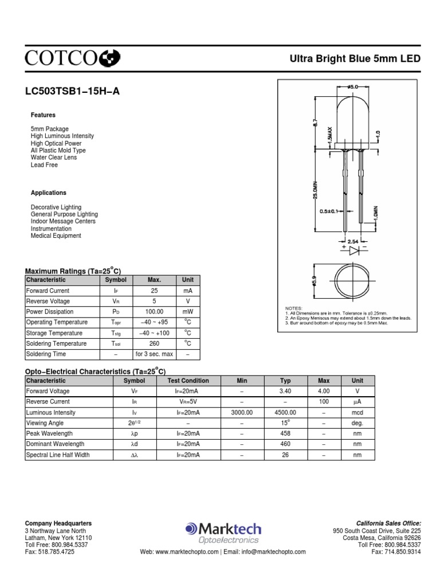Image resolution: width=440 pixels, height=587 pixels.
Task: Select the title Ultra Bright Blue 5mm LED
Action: pyautogui.click(x=356, y=59)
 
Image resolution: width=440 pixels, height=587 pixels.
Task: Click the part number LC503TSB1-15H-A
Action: pyautogui.click(x=72, y=91)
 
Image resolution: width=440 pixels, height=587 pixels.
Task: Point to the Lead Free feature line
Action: pyautogui.click(x=44, y=165)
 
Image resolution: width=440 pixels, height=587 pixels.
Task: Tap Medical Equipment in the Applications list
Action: pyautogui.click(x=56, y=236)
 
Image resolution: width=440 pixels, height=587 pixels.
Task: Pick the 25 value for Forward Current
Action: pyautogui.click(x=154, y=291)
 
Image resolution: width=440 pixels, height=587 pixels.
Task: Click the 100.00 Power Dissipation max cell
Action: pyautogui.click(x=154, y=312)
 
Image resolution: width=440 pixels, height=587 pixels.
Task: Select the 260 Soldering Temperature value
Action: pyautogui.click(x=154, y=343)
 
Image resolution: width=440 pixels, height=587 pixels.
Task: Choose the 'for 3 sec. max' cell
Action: pyautogui.click(x=154, y=354)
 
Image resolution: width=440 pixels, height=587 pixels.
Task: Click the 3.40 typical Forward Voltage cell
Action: pyautogui.click(x=285, y=391)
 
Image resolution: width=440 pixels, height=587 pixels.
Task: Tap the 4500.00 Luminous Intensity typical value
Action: pyautogui.click(x=285, y=412)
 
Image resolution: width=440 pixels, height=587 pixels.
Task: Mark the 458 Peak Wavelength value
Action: pyautogui.click(x=285, y=433)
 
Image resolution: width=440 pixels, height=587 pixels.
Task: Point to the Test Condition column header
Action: pyautogui.click(x=188, y=381)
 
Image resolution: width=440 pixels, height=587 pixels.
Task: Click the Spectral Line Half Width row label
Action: pyautogui.click(x=58, y=455)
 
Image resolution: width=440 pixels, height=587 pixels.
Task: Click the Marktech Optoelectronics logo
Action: pyautogui.click(x=223, y=533)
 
